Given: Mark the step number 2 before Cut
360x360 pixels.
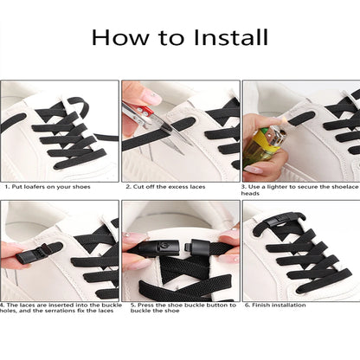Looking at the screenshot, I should (126, 186).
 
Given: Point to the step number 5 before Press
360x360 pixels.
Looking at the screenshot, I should (132, 305).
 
